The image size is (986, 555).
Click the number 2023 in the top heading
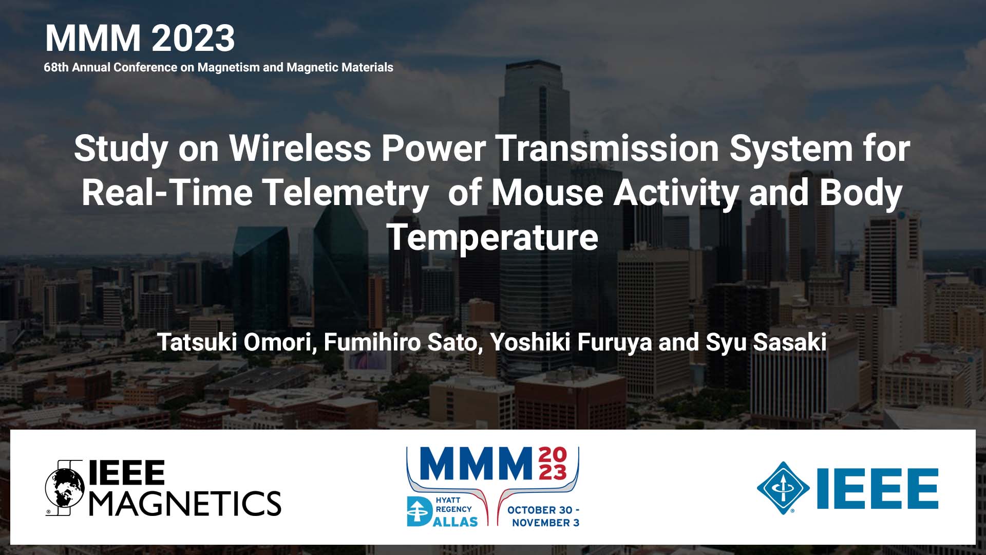pos(193,39)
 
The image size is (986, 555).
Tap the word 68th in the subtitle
pos(56,67)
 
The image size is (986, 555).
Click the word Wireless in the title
pos(300,149)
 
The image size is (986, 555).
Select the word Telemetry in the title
pos(345,193)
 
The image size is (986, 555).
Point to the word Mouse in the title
pos(547,193)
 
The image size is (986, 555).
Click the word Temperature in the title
pos(492,237)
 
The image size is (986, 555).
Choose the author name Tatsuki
pos(196,342)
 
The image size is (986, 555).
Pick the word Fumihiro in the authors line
pos(372,342)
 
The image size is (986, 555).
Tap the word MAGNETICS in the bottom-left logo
pos(185,503)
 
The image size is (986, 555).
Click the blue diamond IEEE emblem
pos(783,488)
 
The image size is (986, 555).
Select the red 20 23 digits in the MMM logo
pos(553,463)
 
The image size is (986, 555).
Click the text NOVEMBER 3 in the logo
pos(545,523)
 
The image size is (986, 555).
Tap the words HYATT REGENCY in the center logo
pos(453,505)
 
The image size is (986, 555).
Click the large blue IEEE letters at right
pos(877,488)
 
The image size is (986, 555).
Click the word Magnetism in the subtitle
pos(229,67)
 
